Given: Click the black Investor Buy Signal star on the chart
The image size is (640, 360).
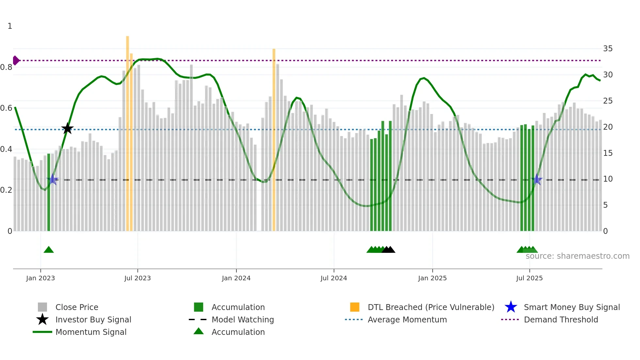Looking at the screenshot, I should (x=67, y=128).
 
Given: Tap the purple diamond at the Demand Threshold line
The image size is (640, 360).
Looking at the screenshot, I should (x=16, y=60).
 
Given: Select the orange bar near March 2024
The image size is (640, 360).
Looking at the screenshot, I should (x=274, y=140).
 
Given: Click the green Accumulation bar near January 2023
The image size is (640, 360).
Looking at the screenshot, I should (x=49, y=193).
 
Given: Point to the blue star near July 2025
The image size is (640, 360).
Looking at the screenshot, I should (x=536, y=179).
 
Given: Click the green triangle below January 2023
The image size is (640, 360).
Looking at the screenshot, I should (x=49, y=250).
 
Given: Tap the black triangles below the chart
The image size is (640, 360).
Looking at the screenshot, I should (x=389, y=250).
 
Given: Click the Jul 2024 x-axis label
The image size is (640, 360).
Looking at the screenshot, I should (x=334, y=278).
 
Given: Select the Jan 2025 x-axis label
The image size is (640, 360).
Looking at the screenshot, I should (x=432, y=278).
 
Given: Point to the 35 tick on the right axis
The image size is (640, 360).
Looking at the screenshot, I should (x=608, y=49).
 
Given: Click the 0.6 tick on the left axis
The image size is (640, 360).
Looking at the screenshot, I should (x=6, y=108).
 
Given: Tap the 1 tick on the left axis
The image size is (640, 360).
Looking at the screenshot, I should (x=10, y=26).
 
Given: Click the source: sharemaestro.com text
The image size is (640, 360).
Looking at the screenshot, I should (x=577, y=256).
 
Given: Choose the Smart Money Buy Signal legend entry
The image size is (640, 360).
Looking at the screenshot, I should (x=571, y=307).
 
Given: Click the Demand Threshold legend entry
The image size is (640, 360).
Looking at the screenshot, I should (x=561, y=319).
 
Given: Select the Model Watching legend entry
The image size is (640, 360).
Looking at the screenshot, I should (x=243, y=319).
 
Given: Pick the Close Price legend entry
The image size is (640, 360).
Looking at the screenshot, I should (x=77, y=307).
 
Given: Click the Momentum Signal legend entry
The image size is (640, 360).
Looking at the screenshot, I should (x=91, y=332).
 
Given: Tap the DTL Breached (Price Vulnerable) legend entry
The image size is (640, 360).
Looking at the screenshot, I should (x=431, y=307).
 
